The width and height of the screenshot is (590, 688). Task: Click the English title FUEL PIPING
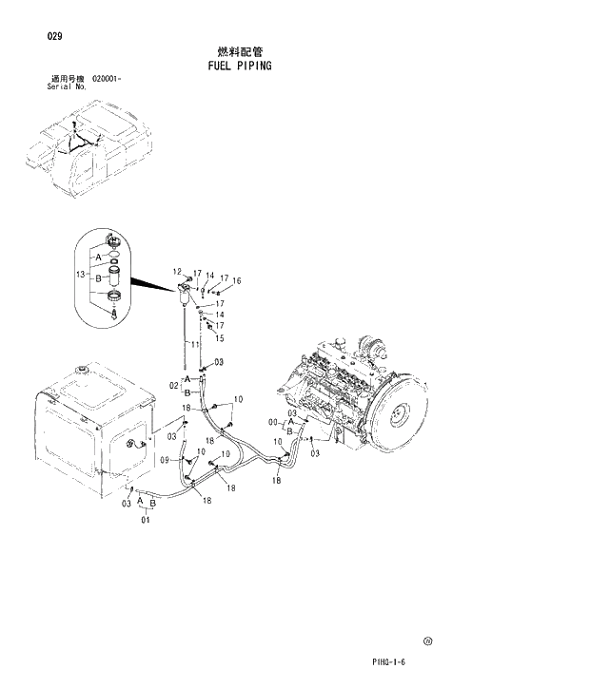239,66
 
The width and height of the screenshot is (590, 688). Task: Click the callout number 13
81,274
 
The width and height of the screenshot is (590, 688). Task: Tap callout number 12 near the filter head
176,272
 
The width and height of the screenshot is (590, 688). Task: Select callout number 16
237,280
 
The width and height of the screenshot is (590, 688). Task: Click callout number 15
220,337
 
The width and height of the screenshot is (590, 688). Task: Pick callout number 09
164,460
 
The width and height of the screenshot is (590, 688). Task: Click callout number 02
173,385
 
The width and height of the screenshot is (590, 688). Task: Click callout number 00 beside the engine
273,422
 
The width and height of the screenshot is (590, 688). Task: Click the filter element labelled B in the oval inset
114,280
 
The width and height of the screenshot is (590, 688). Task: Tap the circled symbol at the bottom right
427,641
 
